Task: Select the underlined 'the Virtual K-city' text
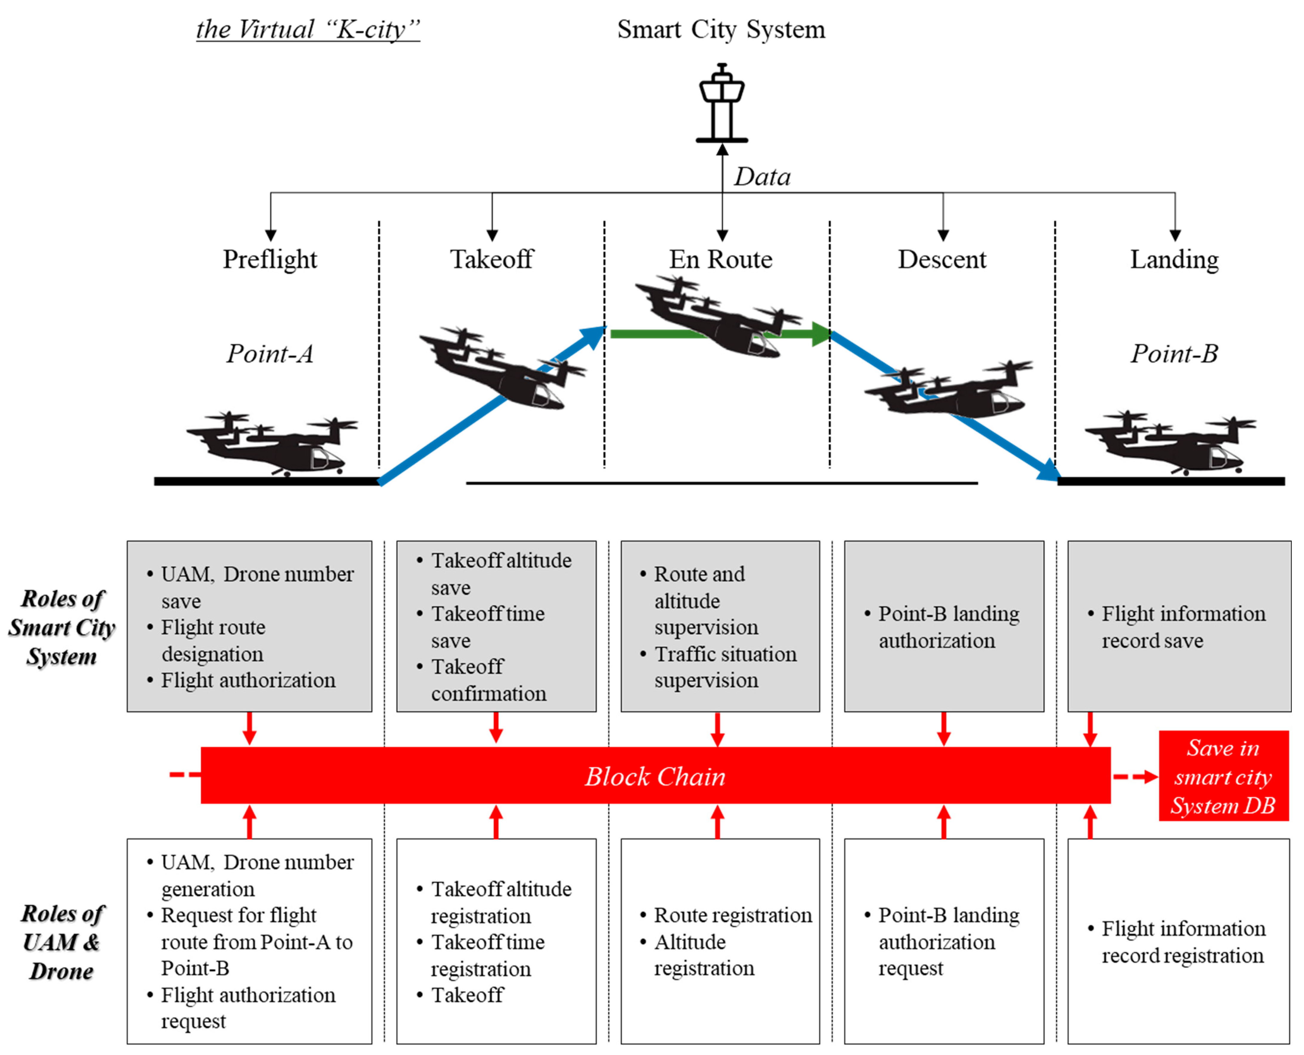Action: [x=308, y=29]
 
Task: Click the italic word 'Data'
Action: [x=762, y=177]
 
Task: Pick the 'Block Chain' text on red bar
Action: [x=655, y=777]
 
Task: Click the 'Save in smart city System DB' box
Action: [x=1223, y=777]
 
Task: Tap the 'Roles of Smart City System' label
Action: [x=62, y=627]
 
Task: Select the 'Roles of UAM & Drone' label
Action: [x=62, y=942]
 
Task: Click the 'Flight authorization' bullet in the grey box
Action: [x=248, y=681]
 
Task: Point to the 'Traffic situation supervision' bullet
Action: [x=724, y=667]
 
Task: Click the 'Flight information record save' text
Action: [x=1182, y=627]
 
